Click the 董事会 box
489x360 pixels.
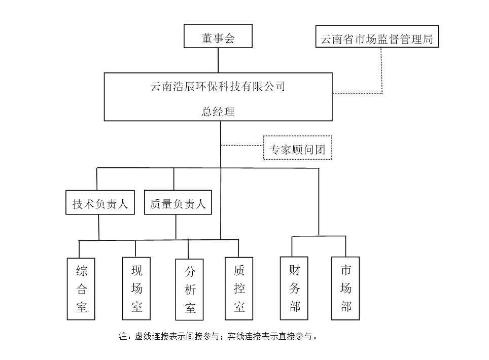[x=218, y=38]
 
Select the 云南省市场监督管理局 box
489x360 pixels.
[x=377, y=38]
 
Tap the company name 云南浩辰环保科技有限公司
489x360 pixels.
[x=218, y=87]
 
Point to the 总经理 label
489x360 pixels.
[x=218, y=112]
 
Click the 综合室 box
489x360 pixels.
[x=81, y=289]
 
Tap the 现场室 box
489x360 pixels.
[x=136, y=289]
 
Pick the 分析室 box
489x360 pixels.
[x=189, y=290]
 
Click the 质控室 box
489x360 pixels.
[x=239, y=289]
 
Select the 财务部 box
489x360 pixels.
[x=294, y=289]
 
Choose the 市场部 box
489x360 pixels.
[x=345, y=289]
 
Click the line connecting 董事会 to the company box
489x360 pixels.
[x=218, y=60]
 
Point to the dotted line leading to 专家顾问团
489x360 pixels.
[x=242, y=146]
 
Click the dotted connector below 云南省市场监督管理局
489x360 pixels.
[x=381, y=71]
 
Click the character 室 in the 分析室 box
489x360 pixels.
[x=189, y=308]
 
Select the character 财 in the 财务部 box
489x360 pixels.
[x=294, y=269]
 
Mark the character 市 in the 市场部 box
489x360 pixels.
[x=345, y=269]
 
